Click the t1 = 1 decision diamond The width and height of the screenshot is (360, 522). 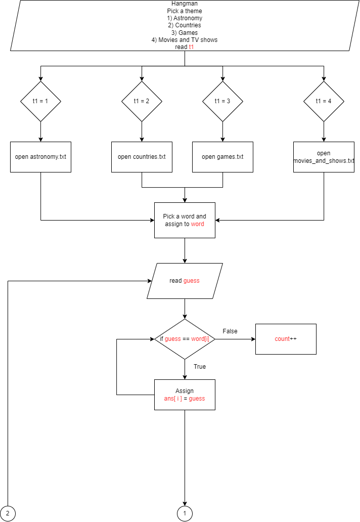point(40,101)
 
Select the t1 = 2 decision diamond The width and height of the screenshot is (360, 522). point(142,101)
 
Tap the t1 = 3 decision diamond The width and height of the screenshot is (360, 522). point(222,101)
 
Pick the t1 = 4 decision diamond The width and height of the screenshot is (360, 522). point(324,101)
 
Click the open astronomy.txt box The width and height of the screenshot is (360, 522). point(40,157)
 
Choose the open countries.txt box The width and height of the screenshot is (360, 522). point(142,157)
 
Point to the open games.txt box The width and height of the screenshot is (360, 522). point(222,157)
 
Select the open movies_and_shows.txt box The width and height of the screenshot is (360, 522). point(324,157)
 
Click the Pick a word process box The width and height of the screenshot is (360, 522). point(185,220)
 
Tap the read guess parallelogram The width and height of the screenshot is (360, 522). point(185,281)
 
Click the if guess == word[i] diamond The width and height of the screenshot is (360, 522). point(185,339)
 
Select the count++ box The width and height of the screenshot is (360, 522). point(286,339)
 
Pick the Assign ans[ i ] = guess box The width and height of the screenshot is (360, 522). point(185,395)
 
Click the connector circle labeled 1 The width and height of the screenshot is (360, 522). point(185,514)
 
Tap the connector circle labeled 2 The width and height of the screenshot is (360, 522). point(8,514)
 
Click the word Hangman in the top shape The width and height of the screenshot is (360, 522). point(185,4)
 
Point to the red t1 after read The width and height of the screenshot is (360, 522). point(191,47)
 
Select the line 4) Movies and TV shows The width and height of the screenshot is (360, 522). point(185,40)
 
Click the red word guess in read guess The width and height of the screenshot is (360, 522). point(191,281)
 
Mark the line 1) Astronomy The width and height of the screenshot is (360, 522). point(185,18)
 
